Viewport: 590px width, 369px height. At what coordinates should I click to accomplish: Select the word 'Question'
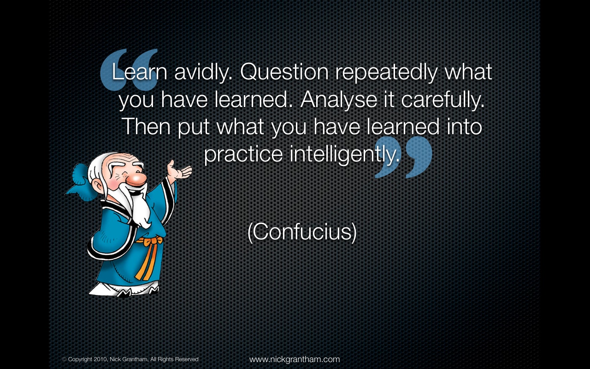pos(284,71)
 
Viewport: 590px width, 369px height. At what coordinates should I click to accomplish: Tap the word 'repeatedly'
pos(386,72)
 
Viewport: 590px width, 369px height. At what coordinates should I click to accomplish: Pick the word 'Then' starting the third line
pos(146,126)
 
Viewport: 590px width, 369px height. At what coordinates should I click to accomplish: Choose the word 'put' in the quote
pos(193,128)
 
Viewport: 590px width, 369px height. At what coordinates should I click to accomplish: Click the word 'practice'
pos(243,155)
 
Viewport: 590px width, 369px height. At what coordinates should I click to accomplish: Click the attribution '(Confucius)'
pos(302,232)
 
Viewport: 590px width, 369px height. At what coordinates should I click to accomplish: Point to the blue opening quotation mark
pos(129,69)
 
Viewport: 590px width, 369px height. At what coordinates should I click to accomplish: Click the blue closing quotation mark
pos(403,157)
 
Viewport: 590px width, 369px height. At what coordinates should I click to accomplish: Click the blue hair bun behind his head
pos(80,182)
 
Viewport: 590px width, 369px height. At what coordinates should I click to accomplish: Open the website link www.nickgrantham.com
pos(295,359)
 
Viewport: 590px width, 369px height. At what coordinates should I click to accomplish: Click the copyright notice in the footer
pos(130,359)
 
